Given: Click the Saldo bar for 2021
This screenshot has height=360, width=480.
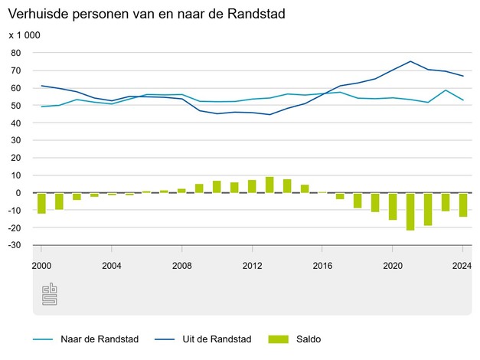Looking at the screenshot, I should (410, 211).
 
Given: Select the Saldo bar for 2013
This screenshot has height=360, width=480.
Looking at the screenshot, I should (269, 185).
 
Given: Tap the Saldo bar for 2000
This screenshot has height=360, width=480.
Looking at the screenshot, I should (41, 203).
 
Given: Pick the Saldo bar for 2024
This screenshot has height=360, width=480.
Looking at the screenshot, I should (462, 205).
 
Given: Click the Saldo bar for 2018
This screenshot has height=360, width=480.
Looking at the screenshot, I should (358, 200).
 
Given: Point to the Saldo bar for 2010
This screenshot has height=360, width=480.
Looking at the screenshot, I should (217, 186).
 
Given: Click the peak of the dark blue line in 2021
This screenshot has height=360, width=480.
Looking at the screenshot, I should (410, 61).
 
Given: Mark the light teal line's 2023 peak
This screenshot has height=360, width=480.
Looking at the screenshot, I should (446, 90).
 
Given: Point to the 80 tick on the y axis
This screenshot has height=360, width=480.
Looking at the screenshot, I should (15, 53).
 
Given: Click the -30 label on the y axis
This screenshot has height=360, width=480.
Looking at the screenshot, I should (14, 245).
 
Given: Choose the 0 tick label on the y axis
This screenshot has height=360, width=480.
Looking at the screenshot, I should (18, 193).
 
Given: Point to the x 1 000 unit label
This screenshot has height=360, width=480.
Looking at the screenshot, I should (24, 35).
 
